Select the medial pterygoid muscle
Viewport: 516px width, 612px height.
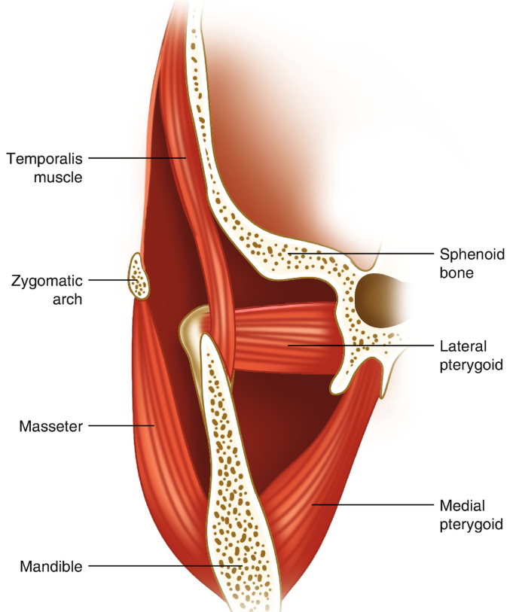point(316,482)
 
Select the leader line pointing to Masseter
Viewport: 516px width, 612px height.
point(121,426)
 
